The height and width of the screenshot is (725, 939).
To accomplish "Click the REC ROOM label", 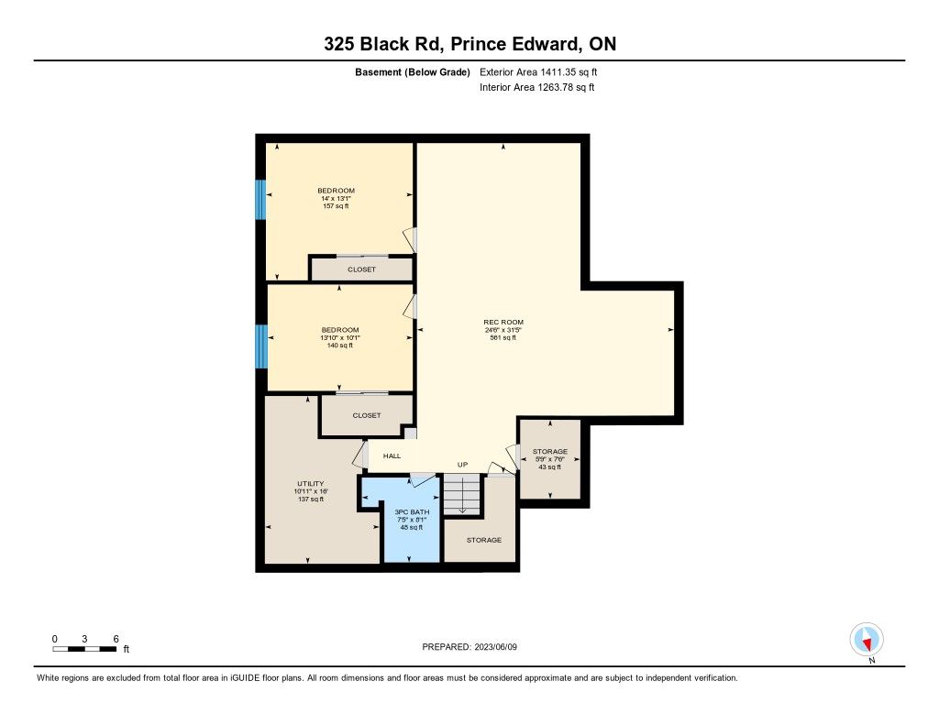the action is point(503,322).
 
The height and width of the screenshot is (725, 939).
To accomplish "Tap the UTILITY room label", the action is point(310,484).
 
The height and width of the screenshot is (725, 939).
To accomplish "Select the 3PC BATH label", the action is point(412,512).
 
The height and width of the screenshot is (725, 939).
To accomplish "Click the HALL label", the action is point(392,456).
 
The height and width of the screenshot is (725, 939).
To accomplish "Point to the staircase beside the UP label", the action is point(462,495).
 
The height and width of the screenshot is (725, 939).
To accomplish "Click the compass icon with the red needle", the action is point(867,640).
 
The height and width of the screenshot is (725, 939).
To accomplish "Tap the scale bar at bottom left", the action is point(84,649).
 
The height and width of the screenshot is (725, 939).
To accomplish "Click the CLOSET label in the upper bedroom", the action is point(361,269).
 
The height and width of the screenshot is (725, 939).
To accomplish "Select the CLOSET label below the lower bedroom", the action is point(367,415).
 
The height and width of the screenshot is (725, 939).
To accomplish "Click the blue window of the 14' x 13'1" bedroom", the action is point(260,200).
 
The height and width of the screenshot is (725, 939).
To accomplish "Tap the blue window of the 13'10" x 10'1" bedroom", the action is point(261,346).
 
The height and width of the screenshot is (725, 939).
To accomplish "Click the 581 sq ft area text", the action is point(503,337).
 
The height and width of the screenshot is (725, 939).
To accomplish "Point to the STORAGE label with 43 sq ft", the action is point(550,451).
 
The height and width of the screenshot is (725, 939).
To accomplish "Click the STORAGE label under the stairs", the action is point(484,540).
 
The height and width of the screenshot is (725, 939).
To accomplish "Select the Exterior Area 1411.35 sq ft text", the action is point(538,72).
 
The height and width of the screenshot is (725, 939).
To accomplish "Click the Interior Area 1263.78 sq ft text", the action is point(537,87).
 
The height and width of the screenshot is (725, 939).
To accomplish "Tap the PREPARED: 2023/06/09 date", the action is point(469,647).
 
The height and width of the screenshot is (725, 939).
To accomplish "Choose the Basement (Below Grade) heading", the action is point(413,72).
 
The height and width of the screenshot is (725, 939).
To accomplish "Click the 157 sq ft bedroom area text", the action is point(336,206).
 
